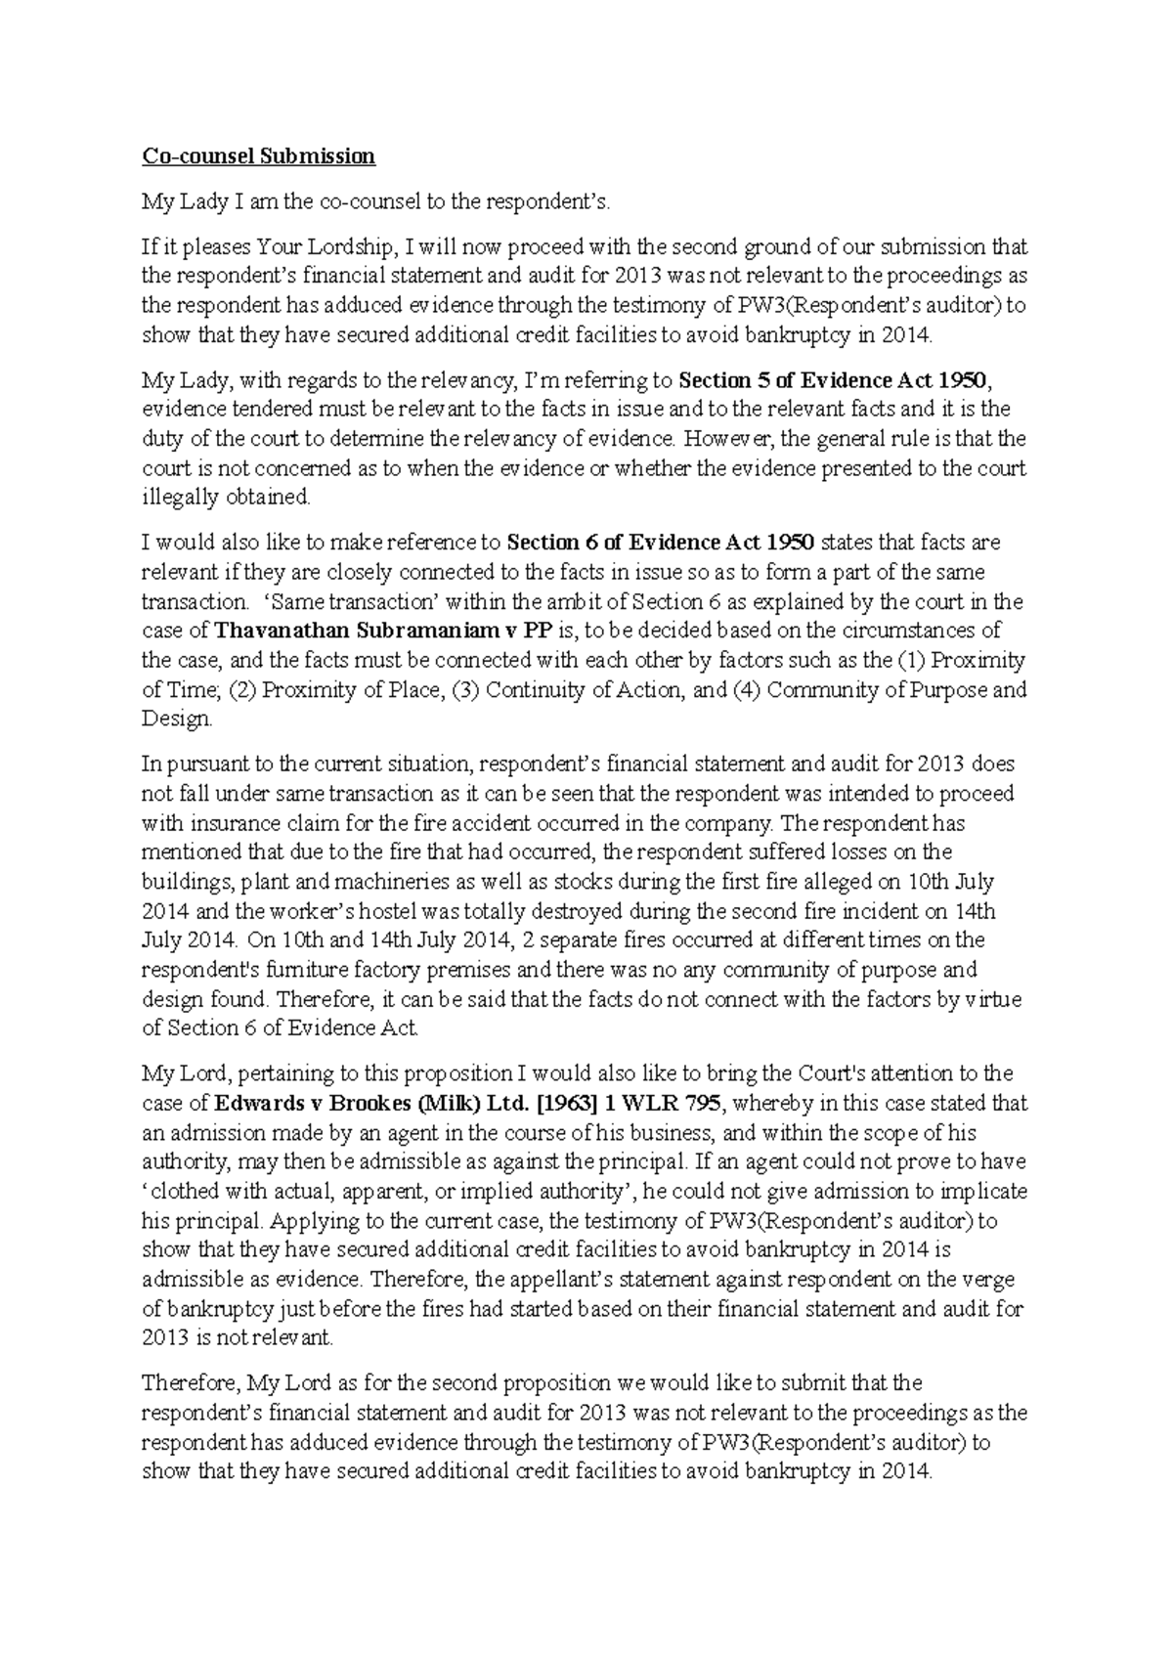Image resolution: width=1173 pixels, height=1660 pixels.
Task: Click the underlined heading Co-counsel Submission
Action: tap(258, 156)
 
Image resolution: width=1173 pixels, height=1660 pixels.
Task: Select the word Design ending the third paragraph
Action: tap(175, 720)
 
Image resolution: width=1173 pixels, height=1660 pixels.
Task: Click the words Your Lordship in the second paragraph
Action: tap(313, 247)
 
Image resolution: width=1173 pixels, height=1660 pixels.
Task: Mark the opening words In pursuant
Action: tap(187, 764)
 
